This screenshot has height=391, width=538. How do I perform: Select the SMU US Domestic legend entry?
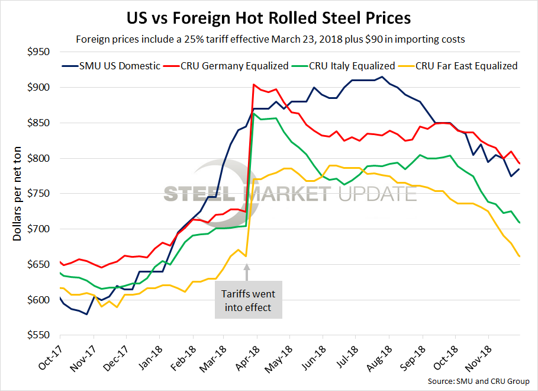pos(111,66)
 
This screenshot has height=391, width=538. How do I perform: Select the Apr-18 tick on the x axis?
pos(249,359)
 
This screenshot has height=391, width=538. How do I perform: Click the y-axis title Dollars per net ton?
pos(18,194)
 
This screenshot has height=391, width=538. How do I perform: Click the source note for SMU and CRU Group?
pos(478,381)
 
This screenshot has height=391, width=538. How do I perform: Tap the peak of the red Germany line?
pos(254,85)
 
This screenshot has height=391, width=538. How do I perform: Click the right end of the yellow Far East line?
pos(520,256)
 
